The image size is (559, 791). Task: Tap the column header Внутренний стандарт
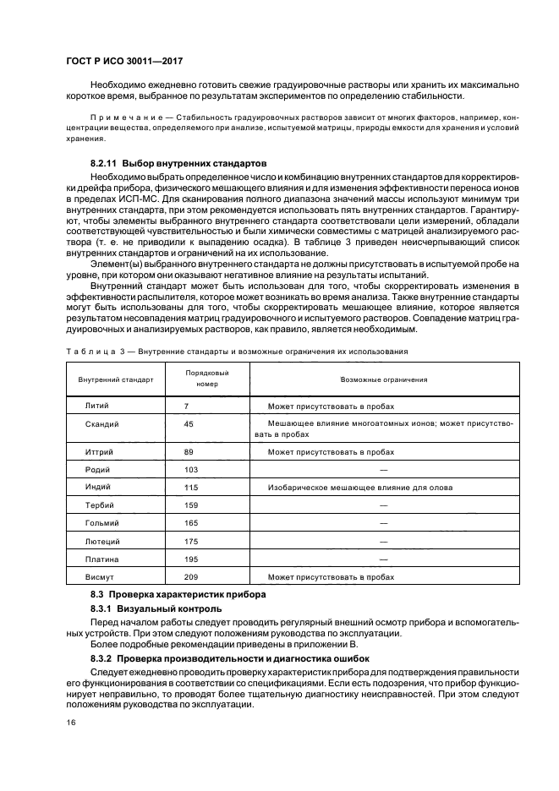coord(116,379)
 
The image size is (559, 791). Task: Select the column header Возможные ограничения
coord(383,379)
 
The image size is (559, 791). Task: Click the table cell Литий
coord(97,406)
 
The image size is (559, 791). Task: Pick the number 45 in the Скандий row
coord(189,423)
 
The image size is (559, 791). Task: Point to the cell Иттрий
coord(100,452)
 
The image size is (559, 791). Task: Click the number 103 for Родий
coord(190,469)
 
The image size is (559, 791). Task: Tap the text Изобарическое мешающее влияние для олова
coord(359,488)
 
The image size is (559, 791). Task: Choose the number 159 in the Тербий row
coord(190,505)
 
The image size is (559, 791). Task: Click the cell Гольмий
coord(102,523)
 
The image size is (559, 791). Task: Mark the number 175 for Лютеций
coord(190,541)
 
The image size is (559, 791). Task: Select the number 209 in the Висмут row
coord(190,576)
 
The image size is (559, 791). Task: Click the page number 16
coord(71,723)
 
